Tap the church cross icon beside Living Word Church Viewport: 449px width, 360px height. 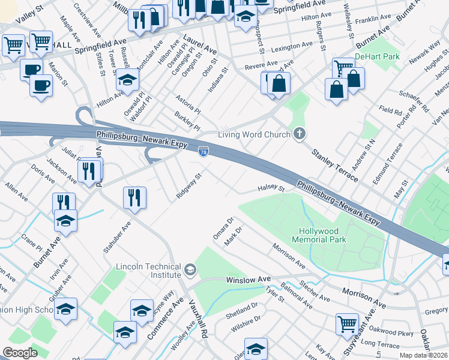(299, 134)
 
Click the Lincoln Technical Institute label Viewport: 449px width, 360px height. (148, 270)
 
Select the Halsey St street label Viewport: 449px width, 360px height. (271, 188)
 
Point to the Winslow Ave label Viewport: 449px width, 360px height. (249, 280)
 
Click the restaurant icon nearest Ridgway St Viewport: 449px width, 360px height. (134, 197)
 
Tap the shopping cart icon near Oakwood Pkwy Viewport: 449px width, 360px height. (347, 323)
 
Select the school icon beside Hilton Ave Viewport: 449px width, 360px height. (127, 80)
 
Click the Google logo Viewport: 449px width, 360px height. (20, 353)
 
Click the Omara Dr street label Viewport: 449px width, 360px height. (222, 229)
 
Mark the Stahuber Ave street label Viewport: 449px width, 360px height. (117, 237)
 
